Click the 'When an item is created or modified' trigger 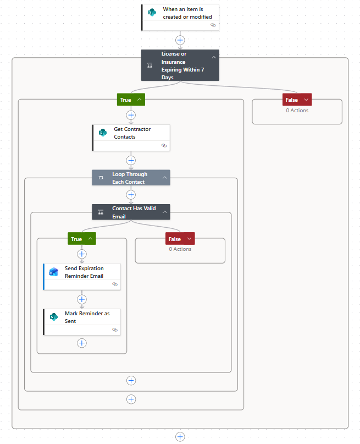(x=187, y=13)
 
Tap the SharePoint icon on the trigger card (x=152, y=12)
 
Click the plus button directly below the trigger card (x=180, y=40)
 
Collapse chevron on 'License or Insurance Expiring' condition (x=214, y=58)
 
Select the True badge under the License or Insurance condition (x=131, y=100)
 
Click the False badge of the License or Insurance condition (x=297, y=100)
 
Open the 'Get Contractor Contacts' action (x=132, y=133)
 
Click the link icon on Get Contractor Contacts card (x=164, y=145)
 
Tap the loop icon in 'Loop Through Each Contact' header (x=101, y=178)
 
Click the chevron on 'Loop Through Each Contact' (x=164, y=178)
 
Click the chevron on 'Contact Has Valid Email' (x=164, y=212)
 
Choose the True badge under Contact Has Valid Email (x=82, y=239)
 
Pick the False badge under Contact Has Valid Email (x=180, y=239)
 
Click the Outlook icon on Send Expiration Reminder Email (x=53, y=272)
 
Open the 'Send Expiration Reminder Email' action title (x=84, y=272)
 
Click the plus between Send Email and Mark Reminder (x=82, y=299)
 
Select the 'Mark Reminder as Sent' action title (x=87, y=317)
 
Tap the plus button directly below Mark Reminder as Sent (x=82, y=343)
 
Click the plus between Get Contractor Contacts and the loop (x=131, y=161)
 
